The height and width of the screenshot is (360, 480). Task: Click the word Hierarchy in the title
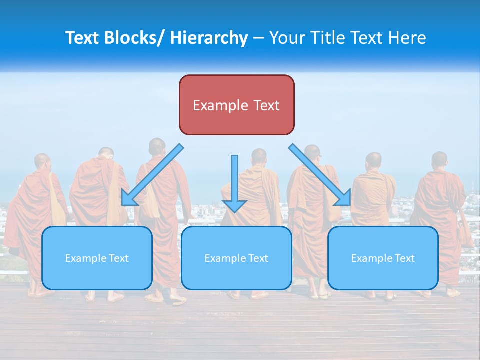[209, 38]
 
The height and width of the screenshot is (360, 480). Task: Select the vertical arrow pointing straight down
[234, 183]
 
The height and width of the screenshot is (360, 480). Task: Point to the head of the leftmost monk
[42, 161]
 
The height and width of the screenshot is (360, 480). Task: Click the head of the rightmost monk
[439, 160]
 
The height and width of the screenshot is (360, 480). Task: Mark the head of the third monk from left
[157, 146]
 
